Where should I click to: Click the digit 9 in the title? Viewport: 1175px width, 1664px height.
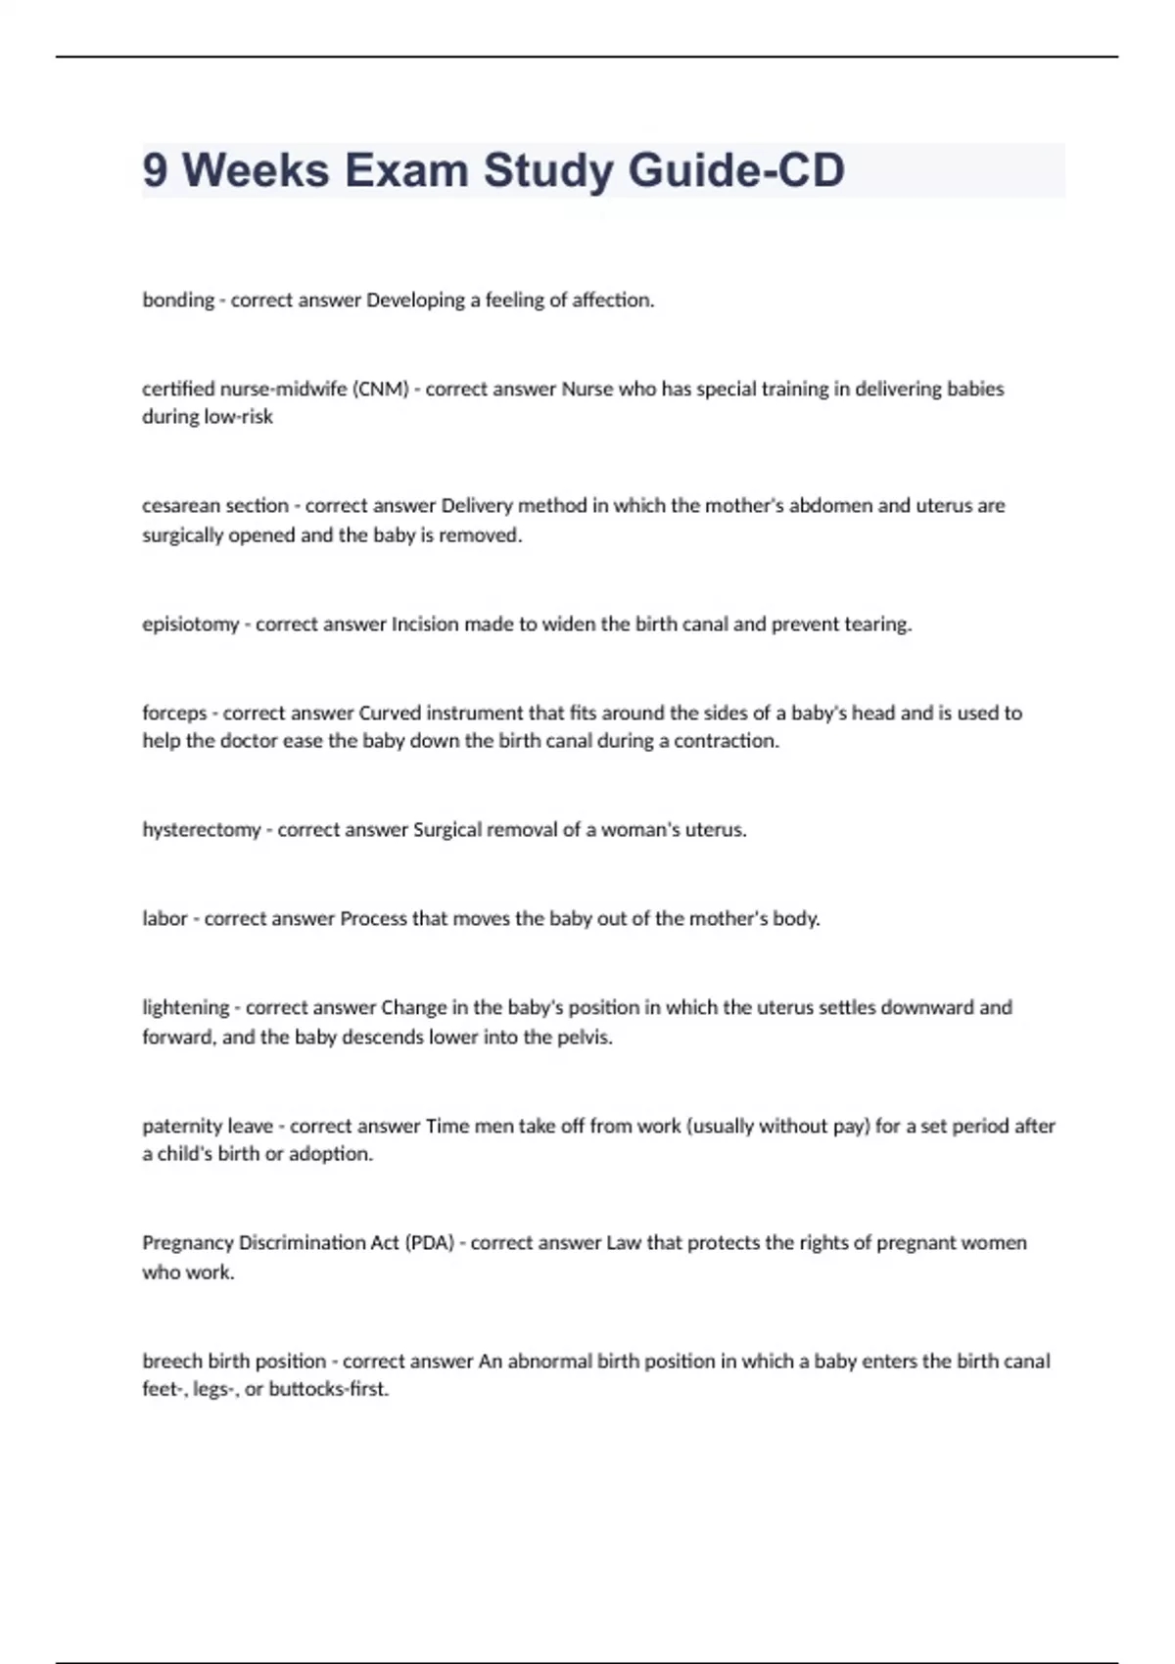(x=155, y=170)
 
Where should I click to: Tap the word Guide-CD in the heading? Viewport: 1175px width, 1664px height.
(x=736, y=170)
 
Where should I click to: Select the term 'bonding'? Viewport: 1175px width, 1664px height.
(x=177, y=300)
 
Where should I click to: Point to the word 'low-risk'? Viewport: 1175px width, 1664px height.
(x=238, y=417)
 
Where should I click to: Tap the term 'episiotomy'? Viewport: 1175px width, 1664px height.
(x=190, y=624)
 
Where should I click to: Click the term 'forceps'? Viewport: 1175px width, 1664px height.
(x=174, y=713)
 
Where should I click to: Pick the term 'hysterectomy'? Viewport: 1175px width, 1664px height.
(x=201, y=830)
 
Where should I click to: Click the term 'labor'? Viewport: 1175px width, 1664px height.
(x=164, y=919)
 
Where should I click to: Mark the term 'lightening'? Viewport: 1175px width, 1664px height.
(x=185, y=1007)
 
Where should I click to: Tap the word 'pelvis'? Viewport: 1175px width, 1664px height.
(x=586, y=1038)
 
